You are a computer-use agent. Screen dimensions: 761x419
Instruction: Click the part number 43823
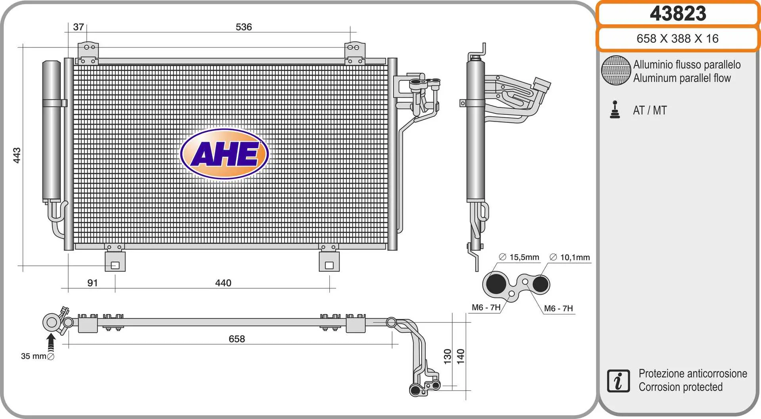[x=678, y=14]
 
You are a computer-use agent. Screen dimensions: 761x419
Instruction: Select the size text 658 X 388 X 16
[x=677, y=38]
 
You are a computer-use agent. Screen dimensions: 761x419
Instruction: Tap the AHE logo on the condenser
[x=225, y=154]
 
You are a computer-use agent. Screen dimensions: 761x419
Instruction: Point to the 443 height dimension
[x=17, y=155]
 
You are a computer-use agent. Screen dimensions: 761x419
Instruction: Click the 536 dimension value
[x=244, y=27]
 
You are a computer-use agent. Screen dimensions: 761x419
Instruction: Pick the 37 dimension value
[x=78, y=27]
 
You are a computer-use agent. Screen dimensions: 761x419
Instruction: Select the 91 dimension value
[x=92, y=283]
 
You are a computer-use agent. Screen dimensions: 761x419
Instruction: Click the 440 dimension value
[x=223, y=283]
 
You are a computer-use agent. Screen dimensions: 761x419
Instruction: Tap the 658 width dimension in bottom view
[x=237, y=339]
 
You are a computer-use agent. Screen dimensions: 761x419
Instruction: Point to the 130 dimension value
[x=447, y=356]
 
